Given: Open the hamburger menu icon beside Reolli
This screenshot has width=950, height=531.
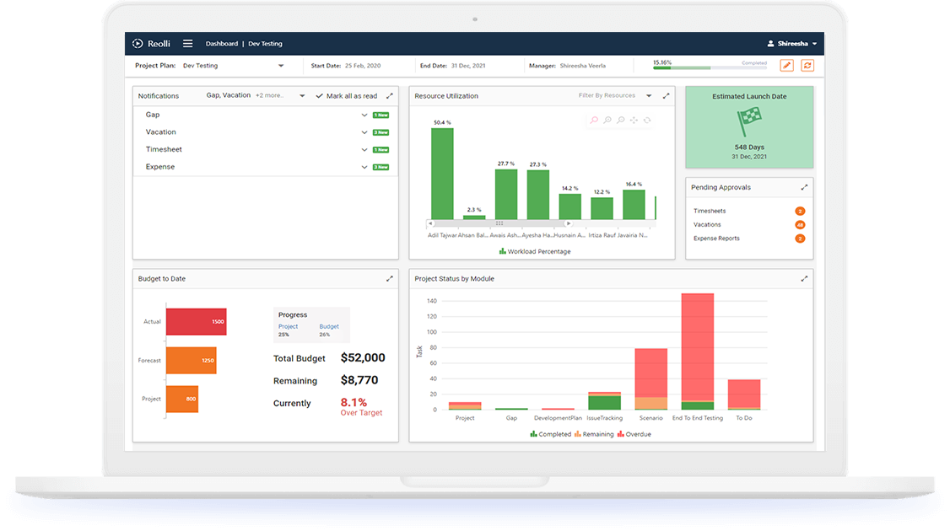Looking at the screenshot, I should pyautogui.click(x=187, y=44).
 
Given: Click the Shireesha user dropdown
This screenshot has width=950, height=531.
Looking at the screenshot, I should pyautogui.click(x=792, y=44).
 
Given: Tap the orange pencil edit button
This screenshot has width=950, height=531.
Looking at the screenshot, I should pyautogui.click(x=786, y=66).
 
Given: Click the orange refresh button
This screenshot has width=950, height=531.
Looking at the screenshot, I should pyautogui.click(x=807, y=66).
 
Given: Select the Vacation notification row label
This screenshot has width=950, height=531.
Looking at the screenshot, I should pyautogui.click(x=161, y=132).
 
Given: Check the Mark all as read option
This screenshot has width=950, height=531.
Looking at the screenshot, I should pyautogui.click(x=347, y=96).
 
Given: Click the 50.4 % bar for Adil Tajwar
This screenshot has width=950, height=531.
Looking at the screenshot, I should pyautogui.click(x=442, y=174).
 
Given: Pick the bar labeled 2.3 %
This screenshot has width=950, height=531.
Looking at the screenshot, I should pyautogui.click(x=474, y=217).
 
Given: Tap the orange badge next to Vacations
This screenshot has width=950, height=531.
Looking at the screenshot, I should pyautogui.click(x=800, y=225).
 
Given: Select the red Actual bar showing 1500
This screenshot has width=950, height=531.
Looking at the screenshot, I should pyautogui.click(x=196, y=322).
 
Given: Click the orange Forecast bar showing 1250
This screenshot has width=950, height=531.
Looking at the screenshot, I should pyautogui.click(x=191, y=361).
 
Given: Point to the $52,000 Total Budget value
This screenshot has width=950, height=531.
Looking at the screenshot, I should pyautogui.click(x=363, y=358).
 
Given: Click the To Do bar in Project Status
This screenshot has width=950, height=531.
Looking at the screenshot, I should pyautogui.click(x=744, y=394).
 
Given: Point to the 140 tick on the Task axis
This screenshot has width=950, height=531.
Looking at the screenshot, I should pyautogui.click(x=432, y=301).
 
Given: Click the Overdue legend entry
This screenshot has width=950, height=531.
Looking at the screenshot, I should pyautogui.click(x=634, y=435).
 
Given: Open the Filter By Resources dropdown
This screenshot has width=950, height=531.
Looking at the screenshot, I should pyautogui.click(x=615, y=96).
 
